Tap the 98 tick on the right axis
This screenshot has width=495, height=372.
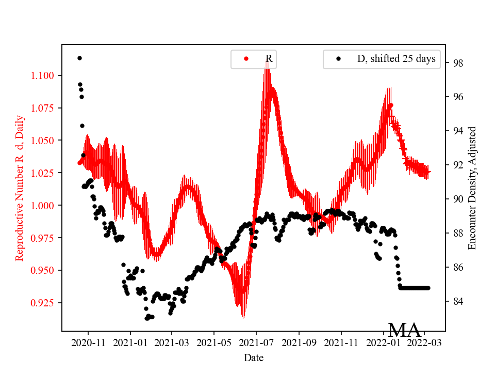point(446,63)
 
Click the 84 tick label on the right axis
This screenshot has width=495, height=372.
point(457,301)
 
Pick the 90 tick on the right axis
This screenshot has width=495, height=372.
point(446,199)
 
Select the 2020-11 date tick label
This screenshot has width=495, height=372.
point(88,343)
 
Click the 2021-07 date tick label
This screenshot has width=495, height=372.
point(256,343)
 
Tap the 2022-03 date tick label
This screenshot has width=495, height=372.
point(425,343)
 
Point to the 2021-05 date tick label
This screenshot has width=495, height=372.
point(214,343)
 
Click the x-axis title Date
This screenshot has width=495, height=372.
point(254,357)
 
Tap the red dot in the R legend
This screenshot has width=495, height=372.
point(246,59)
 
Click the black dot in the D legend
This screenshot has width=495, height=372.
point(339,59)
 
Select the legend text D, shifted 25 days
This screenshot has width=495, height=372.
point(396,59)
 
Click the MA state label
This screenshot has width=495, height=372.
point(405,330)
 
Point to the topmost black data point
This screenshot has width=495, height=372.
point(79,58)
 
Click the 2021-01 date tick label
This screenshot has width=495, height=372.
point(130,343)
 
